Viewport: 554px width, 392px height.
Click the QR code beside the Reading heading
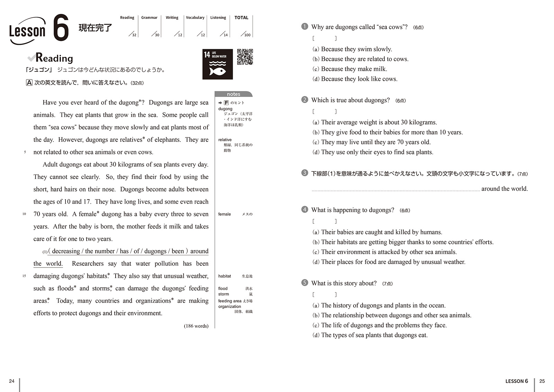pyautogui.click(x=245, y=57)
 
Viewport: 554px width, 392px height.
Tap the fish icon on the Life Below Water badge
pyautogui.click(x=217, y=71)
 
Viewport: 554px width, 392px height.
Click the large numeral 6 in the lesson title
pyautogui.click(x=61, y=28)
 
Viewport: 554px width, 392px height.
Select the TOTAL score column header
pyautogui.click(x=241, y=18)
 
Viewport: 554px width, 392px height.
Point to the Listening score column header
pyautogui.click(x=218, y=18)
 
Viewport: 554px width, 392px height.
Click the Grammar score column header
pyautogui.click(x=149, y=18)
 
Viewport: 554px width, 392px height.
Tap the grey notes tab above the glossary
pyautogui.click(x=233, y=94)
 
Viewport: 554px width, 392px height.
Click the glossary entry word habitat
pyautogui.click(x=224, y=276)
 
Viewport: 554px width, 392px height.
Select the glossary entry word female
pyautogui.click(x=224, y=214)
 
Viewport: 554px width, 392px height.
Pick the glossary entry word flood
pyautogui.click(x=223, y=288)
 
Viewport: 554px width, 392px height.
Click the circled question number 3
pyautogui.click(x=305, y=173)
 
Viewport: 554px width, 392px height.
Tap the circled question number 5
pyautogui.click(x=305, y=283)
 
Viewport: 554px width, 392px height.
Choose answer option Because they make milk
pyautogui.click(x=354, y=69)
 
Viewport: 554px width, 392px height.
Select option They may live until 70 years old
pyautogui.click(x=376, y=142)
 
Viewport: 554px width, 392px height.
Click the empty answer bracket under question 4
pyautogui.click(x=324, y=221)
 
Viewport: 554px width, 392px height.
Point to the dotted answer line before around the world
pyautogui.click(x=395, y=190)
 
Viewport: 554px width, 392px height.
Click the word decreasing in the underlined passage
pyautogui.click(x=66, y=251)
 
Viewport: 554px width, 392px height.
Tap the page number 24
pyautogui.click(x=12, y=381)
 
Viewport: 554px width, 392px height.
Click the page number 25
pyautogui.click(x=542, y=381)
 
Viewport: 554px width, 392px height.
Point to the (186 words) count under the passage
pyautogui.click(x=196, y=326)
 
